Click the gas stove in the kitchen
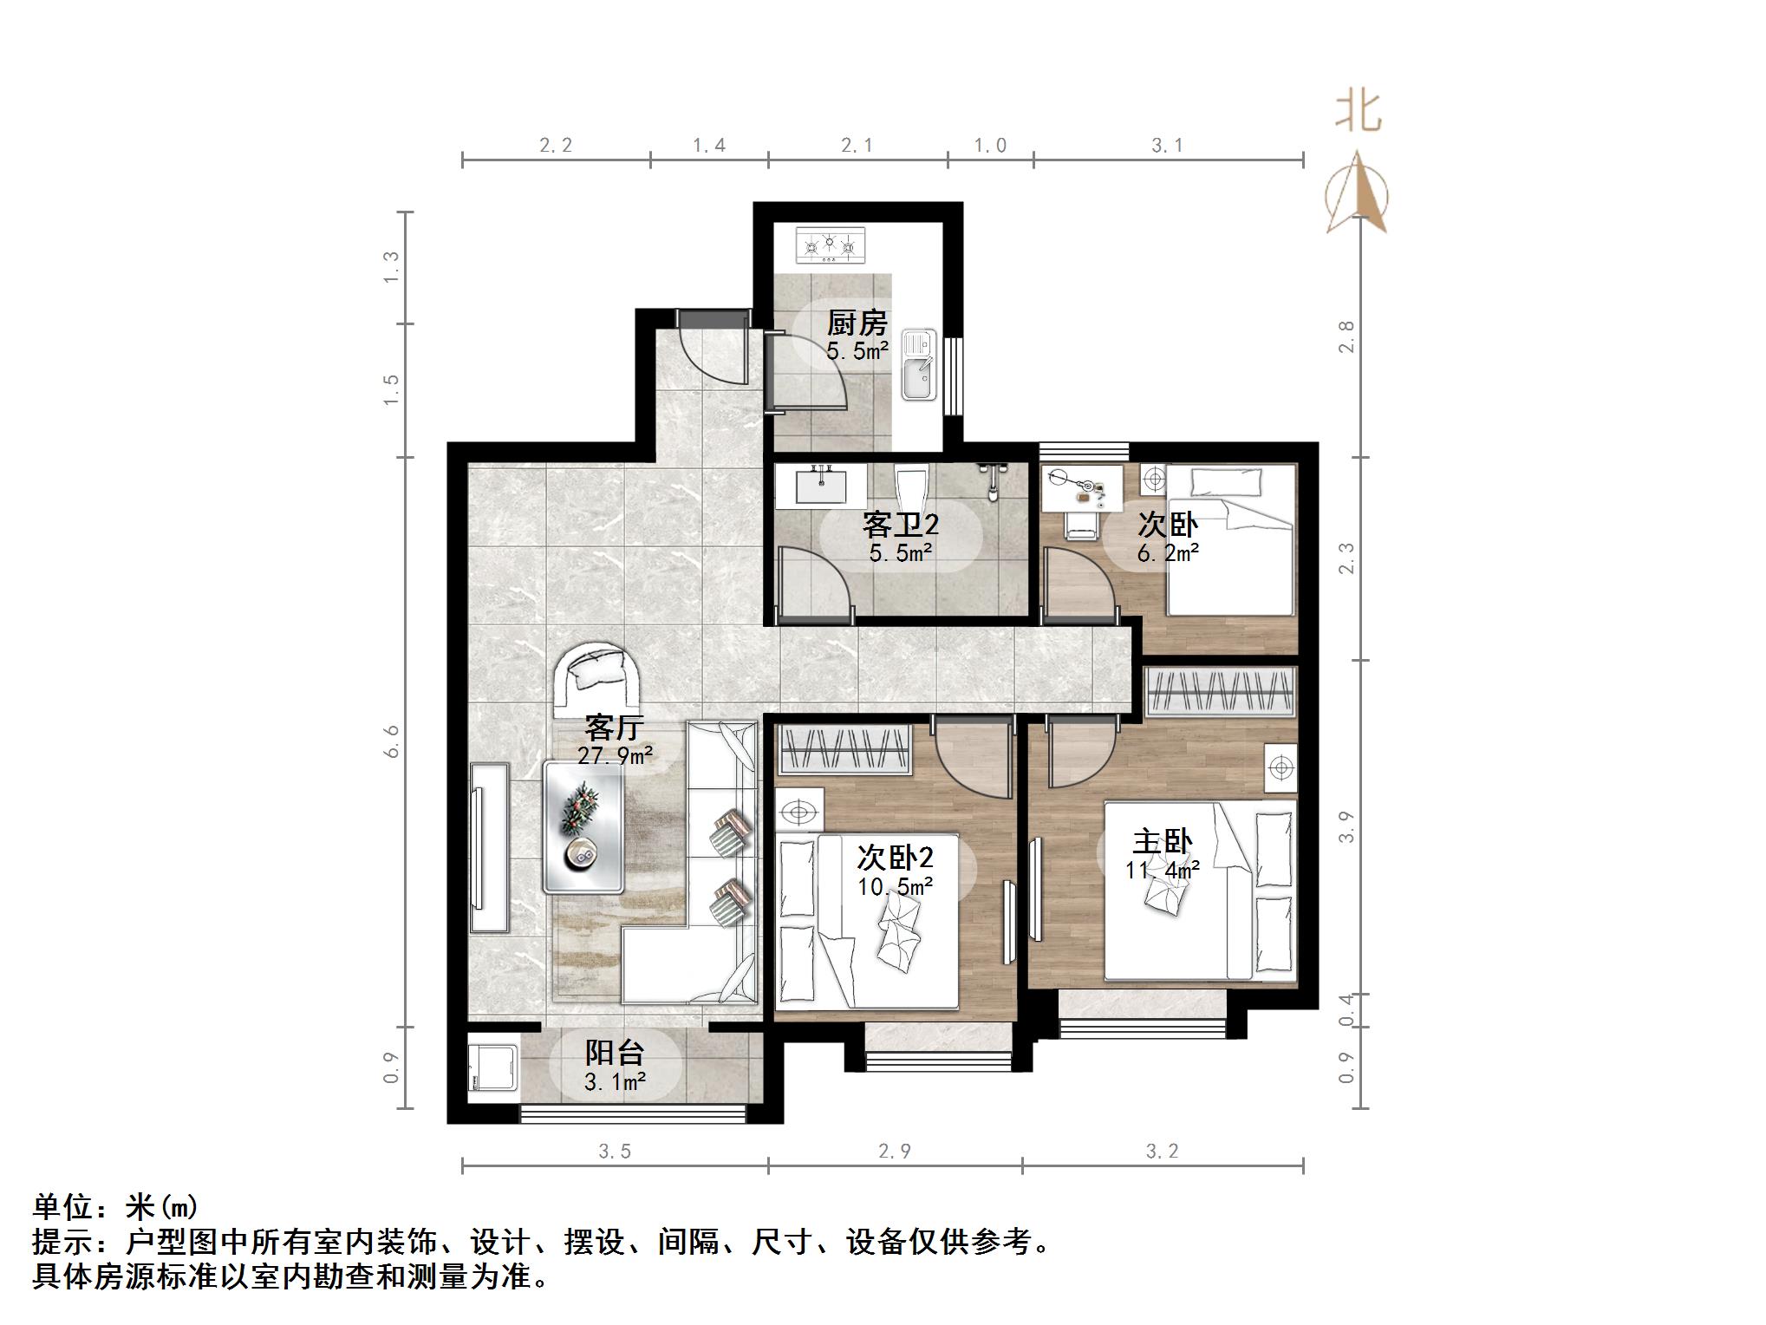tap(831, 245)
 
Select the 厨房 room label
tap(857, 323)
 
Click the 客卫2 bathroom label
tap(901, 525)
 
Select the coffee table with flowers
tap(583, 826)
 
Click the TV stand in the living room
tap(490, 847)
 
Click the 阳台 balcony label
tap(614, 1053)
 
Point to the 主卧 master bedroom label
tap(1163, 842)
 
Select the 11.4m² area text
tap(1163, 869)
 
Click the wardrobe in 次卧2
tap(844, 749)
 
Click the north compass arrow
tap(1357, 192)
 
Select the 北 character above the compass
tap(1358, 113)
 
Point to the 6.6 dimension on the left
tap(392, 741)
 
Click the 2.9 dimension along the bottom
tap(895, 1151)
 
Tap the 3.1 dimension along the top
tap(1167, 146)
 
